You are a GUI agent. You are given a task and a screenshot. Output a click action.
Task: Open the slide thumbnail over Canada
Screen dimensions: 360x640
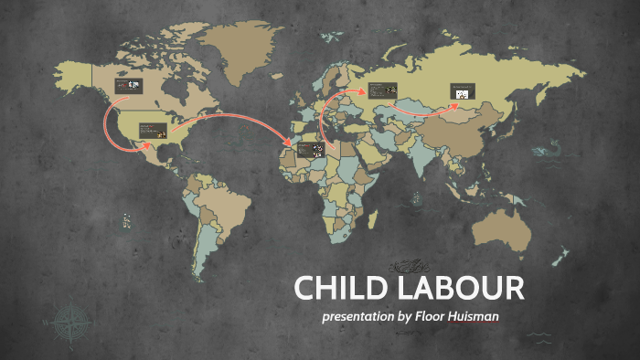pyautogui.click(x=127, y=85)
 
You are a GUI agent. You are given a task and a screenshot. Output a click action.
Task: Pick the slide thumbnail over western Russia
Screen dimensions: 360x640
pyautogui.click(x=381, y=90)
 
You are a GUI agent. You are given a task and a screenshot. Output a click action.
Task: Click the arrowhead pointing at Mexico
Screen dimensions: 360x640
pyautogui.click(x=149, y=144)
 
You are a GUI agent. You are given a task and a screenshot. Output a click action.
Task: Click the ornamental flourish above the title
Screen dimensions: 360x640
pyautogui.click(x=407, y=266)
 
